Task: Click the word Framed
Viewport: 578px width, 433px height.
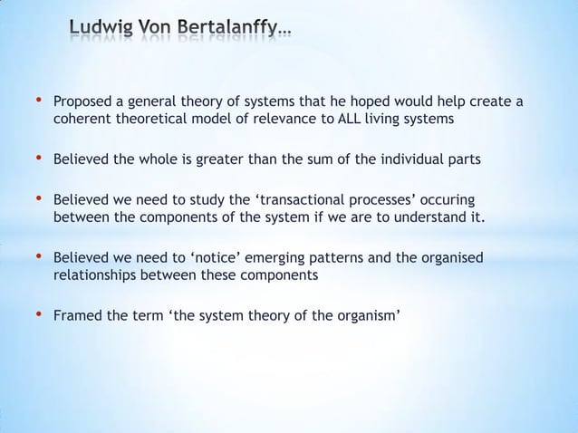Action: point(76,317)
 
